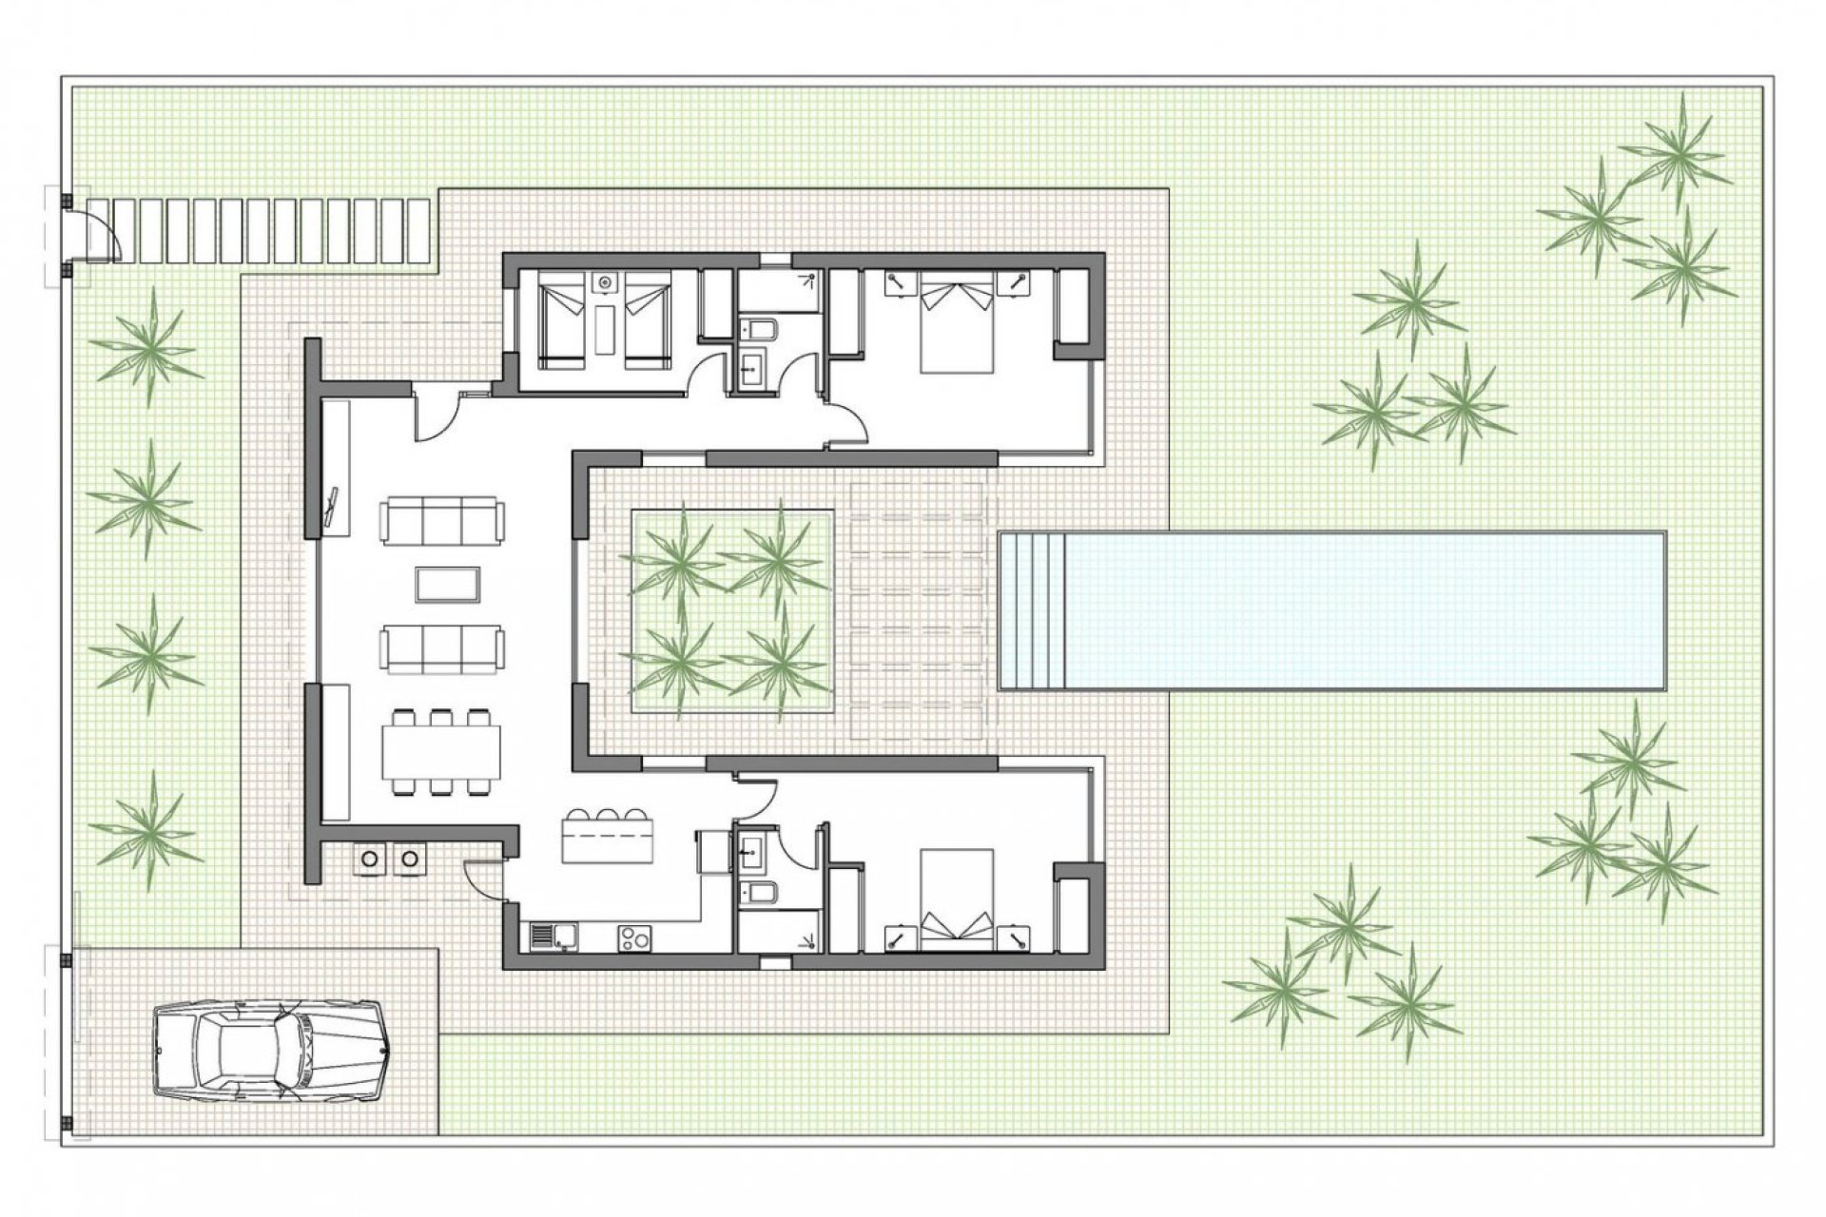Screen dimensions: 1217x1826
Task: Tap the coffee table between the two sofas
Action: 447,584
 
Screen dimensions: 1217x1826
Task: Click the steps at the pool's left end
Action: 1031,610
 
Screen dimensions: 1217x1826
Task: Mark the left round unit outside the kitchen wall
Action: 369,859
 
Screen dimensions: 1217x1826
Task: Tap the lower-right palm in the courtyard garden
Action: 778,663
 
